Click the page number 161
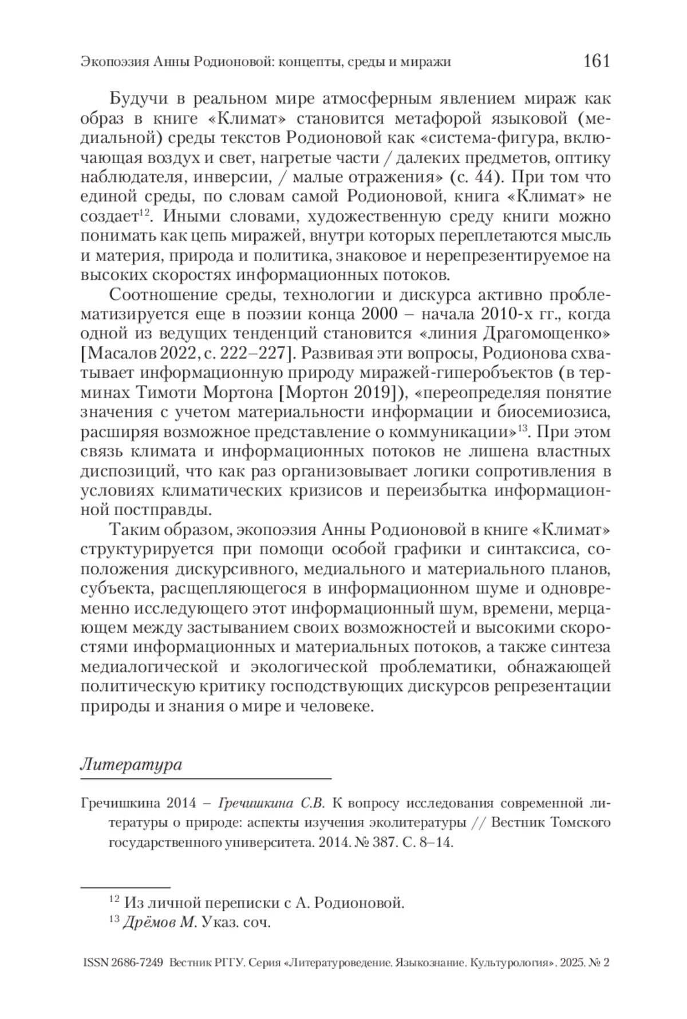596,61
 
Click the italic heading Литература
131,764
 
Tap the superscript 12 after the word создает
145,214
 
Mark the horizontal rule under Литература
206,779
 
